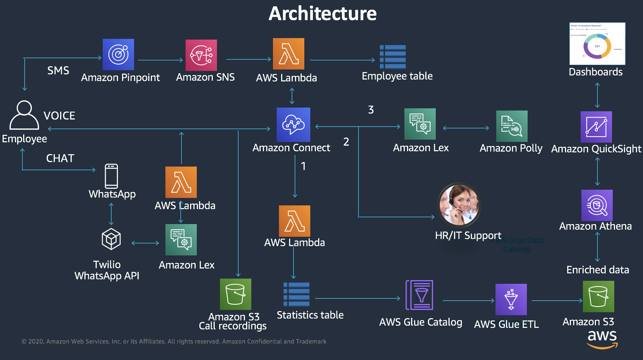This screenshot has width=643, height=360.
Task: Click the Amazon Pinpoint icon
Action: click(x=118, y=55)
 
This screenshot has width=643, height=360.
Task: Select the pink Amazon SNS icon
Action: click(x=201, y=55)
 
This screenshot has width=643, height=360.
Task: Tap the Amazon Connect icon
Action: click(x=293, y=125)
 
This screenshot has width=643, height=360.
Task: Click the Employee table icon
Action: click(x=393, y=57)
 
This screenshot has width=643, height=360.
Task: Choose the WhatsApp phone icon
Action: click(x=111, y=176)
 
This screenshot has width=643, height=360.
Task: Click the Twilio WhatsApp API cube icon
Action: click(x=111, y=239)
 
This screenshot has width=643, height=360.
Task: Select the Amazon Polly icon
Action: click(x=512, y=126)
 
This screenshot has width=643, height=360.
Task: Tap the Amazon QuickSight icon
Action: click(x=596, y=127)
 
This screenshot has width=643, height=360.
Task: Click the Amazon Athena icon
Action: click(x=597, y=205)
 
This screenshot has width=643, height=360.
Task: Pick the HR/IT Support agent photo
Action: click(x=459, y=205)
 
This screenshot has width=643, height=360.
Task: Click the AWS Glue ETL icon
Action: click(x=511, y=300)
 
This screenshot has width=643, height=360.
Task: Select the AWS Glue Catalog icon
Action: click(x=420, y=295)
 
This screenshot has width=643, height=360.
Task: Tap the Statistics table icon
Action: click(x=296, y=294)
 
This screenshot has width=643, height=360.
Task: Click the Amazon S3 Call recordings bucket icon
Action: click(x=236, y=294)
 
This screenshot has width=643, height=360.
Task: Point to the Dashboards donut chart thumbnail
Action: click(x=597, y=44)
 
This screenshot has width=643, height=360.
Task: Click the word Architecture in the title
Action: click(x=323, y=14)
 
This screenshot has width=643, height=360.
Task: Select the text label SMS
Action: click(x=58, y=71)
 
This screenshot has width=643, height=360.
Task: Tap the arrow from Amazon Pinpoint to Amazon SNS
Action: click(x=161, y=60)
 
